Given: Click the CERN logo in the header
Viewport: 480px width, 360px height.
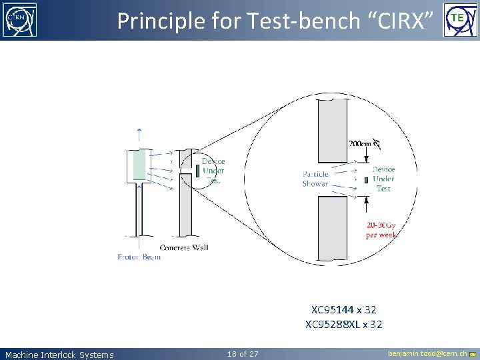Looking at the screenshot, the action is (20, 20).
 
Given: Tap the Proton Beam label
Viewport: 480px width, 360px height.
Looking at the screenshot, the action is (139, 257).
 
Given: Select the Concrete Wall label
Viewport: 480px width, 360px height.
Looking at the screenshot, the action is (184, 247).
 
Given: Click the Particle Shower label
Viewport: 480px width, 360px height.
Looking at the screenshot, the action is (315, 179).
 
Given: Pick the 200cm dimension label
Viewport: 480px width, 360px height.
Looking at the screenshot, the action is (361, 143).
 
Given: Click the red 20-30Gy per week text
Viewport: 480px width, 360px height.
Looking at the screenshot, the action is (381, 230).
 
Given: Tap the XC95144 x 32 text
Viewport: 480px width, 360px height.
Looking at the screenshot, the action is (343, 310).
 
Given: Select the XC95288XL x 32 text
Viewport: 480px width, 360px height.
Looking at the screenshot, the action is (343, 325).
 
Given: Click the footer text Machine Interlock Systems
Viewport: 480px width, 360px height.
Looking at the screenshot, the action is (59, 355).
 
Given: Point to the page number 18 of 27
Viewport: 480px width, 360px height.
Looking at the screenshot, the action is (243, 354).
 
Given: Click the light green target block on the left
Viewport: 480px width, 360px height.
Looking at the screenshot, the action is (139, 165).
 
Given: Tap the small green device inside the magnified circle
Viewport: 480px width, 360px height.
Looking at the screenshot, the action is (366, 180).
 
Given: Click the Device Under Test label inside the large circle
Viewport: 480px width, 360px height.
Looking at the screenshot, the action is (383, 179).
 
